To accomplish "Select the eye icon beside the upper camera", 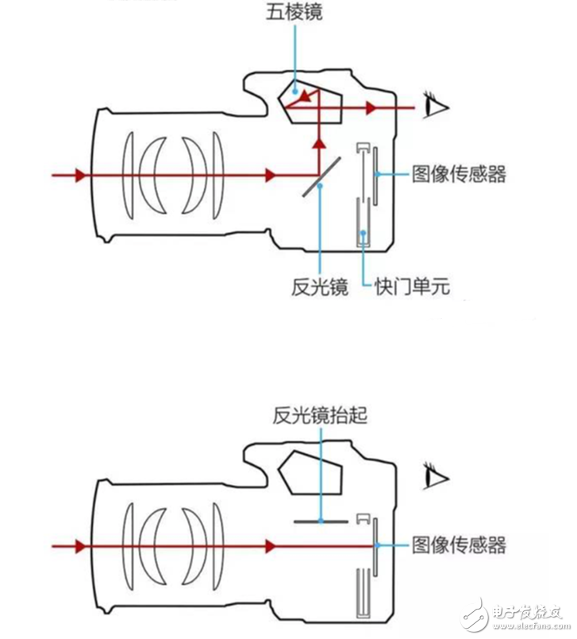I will (x=435, y=106).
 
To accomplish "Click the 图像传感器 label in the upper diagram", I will (x=459, y=174).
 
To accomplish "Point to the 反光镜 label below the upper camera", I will (x=319, y=287).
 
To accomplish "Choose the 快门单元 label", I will (x=412, y=287).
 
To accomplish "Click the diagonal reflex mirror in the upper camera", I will (x=321, y=176).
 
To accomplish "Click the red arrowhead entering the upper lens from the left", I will (x=79, y=174).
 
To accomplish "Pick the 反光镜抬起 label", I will (x=319, y=416).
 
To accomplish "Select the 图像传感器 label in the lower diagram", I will (x=459, y=545).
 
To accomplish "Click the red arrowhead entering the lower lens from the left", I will (x=79, y=545).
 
